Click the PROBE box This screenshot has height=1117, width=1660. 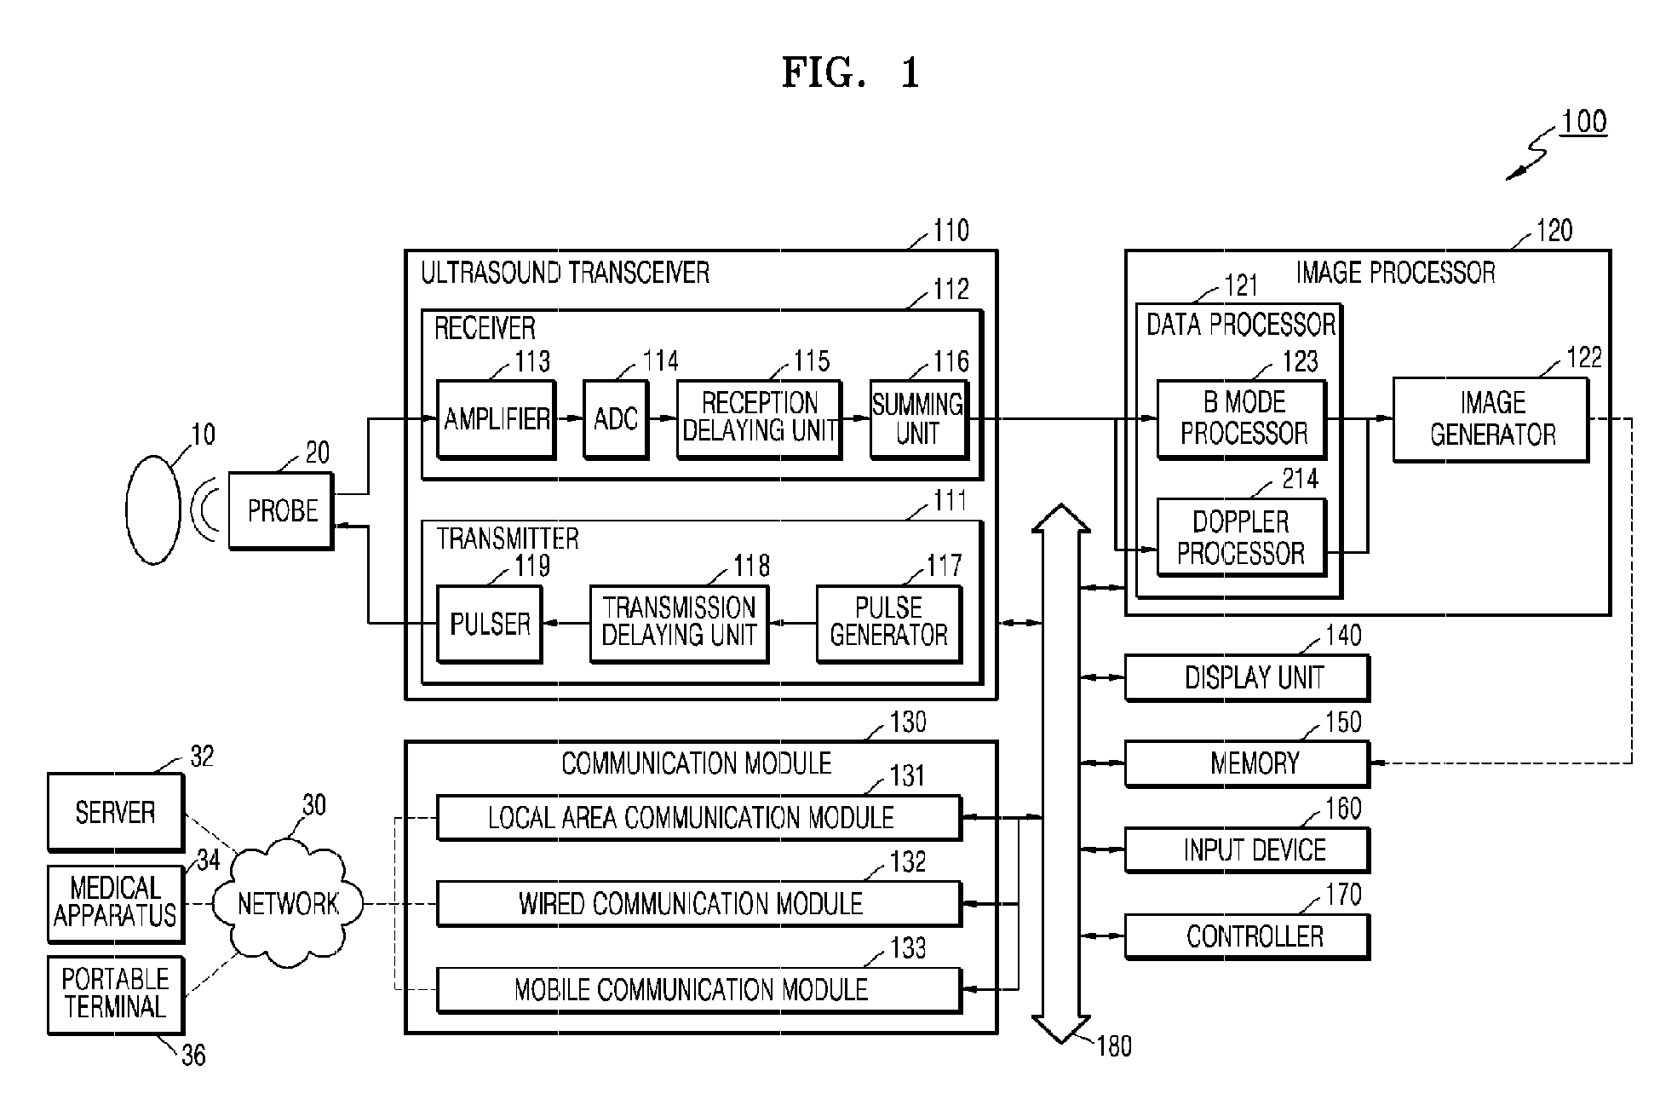(x=281, y=510)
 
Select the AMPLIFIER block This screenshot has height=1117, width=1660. (x=497, y=419)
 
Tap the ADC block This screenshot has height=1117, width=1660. (x=616, y=419)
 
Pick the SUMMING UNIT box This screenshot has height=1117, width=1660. (x=919, y=419)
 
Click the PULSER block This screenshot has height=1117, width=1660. (x=490, y=624)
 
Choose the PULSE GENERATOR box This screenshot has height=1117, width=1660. (x=889, y=624)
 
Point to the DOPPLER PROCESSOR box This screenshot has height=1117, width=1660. (x=1242, y=538)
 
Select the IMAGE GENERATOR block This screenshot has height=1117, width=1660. (x=1491, y=419)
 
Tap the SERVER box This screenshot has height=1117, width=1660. (x=116, y=812)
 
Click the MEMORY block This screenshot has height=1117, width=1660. (x=1248, y=763)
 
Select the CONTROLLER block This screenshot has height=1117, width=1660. (x=1248, y=936)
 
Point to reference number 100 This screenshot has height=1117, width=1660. (x=1583, y=122)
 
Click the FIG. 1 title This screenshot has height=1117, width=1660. (x=851, y=73)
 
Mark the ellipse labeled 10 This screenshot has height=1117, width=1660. (x=153, y=510)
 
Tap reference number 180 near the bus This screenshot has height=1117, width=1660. (x=1114, y=1045)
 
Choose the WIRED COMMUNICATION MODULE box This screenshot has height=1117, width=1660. (x=699, y=903)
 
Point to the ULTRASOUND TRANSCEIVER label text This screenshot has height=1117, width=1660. (x=566, y=273)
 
